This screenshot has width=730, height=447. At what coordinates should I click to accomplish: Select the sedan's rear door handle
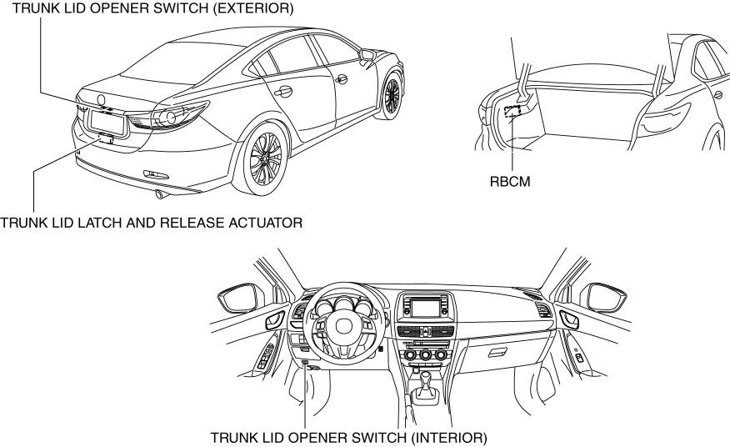[284, 91]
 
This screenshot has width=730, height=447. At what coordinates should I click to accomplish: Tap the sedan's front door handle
[340, 79]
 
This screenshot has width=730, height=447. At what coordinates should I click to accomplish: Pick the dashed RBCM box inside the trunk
[514, 108]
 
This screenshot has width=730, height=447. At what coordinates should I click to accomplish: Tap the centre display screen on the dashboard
[425, 306]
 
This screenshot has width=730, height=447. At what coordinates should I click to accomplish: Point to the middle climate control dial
[427, 355]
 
